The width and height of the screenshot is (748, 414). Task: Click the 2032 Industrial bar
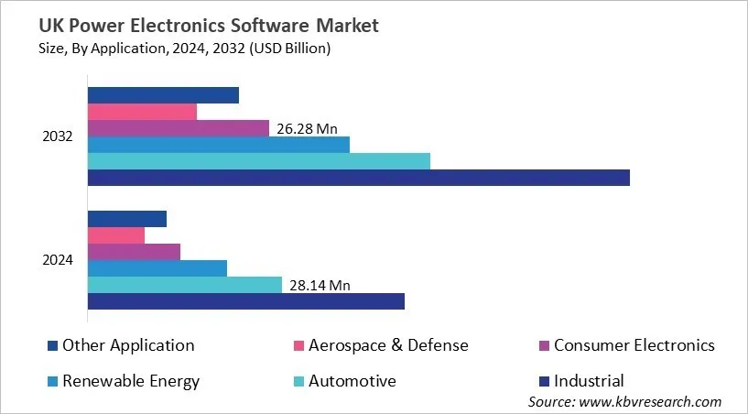click(x=358, y=178)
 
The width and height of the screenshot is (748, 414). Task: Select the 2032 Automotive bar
click(x=258, y=161)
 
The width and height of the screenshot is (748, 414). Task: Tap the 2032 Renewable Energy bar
click(x=218, y=145)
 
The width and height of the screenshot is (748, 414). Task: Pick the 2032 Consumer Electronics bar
click(x=178, y=128)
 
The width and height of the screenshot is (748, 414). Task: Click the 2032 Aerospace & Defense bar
click(x=142, y=112)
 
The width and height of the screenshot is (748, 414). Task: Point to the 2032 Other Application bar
click(x=163, y=95)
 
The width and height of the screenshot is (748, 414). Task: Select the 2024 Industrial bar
click(x=245, y=301)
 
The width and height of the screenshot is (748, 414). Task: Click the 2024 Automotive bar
click(x=184, y=285)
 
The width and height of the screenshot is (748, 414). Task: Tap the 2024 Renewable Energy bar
click(x=157, y=268)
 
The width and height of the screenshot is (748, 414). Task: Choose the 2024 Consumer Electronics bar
click(x=134, y=251)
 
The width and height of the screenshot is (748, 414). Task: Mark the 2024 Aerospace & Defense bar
click(x=115, y=235)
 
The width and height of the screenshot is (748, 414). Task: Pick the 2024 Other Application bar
click(x=126, y=218)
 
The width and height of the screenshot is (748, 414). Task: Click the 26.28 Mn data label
click(x=307, y=129)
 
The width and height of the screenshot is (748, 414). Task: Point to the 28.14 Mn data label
click(x=320, y=286)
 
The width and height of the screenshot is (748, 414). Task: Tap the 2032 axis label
click(x=58, y=136)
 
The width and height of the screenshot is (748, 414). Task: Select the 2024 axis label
click(x=58, y=260)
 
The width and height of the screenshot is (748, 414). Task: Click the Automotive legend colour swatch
click(x=298, y=381)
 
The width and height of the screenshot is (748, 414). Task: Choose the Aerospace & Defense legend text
click(x=388, y=345)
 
